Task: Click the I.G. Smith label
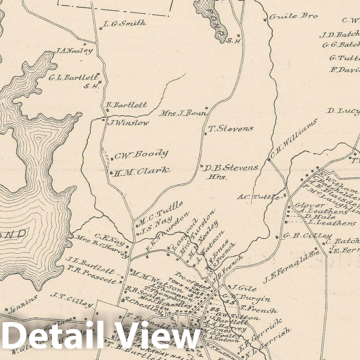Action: [125, 24]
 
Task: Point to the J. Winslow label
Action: [128, 123]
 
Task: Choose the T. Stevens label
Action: [231, 129]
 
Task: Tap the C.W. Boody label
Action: [141, 154]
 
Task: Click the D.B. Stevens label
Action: [231, 168]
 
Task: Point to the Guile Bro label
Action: [293, 16]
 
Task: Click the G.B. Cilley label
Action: [307, 236]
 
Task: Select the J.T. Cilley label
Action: [72, 299]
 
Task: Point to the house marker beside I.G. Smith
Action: [101, 28]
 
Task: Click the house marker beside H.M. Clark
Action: [111, 172]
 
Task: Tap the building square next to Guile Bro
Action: [265, 20]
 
